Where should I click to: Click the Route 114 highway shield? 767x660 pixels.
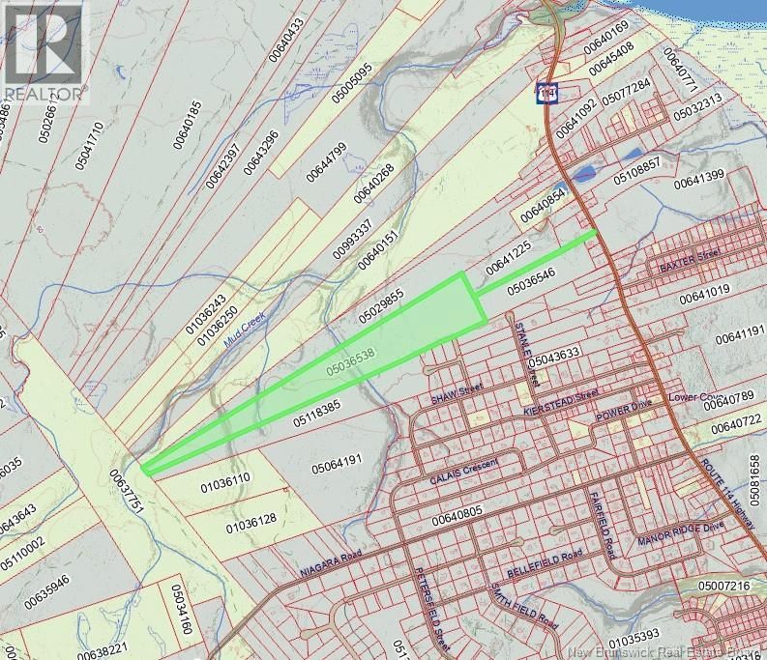(548, 93)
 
